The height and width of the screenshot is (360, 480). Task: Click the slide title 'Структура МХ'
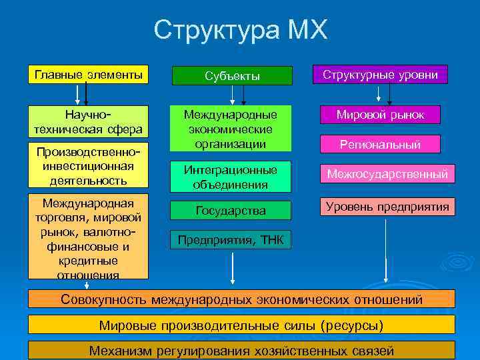point(240,31)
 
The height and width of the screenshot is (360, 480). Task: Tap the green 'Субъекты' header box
point(231,76)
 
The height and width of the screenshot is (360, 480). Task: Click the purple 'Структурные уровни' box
point(380,75)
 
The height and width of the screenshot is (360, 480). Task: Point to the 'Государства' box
point(231,211)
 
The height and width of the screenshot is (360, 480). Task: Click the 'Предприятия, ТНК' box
point(230,240)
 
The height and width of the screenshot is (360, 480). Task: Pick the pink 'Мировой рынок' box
point(380,115)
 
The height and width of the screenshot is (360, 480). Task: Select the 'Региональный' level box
point(380,144)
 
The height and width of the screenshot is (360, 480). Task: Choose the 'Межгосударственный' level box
point(387,174)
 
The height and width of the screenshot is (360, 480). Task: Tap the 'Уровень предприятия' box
point(387,207)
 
